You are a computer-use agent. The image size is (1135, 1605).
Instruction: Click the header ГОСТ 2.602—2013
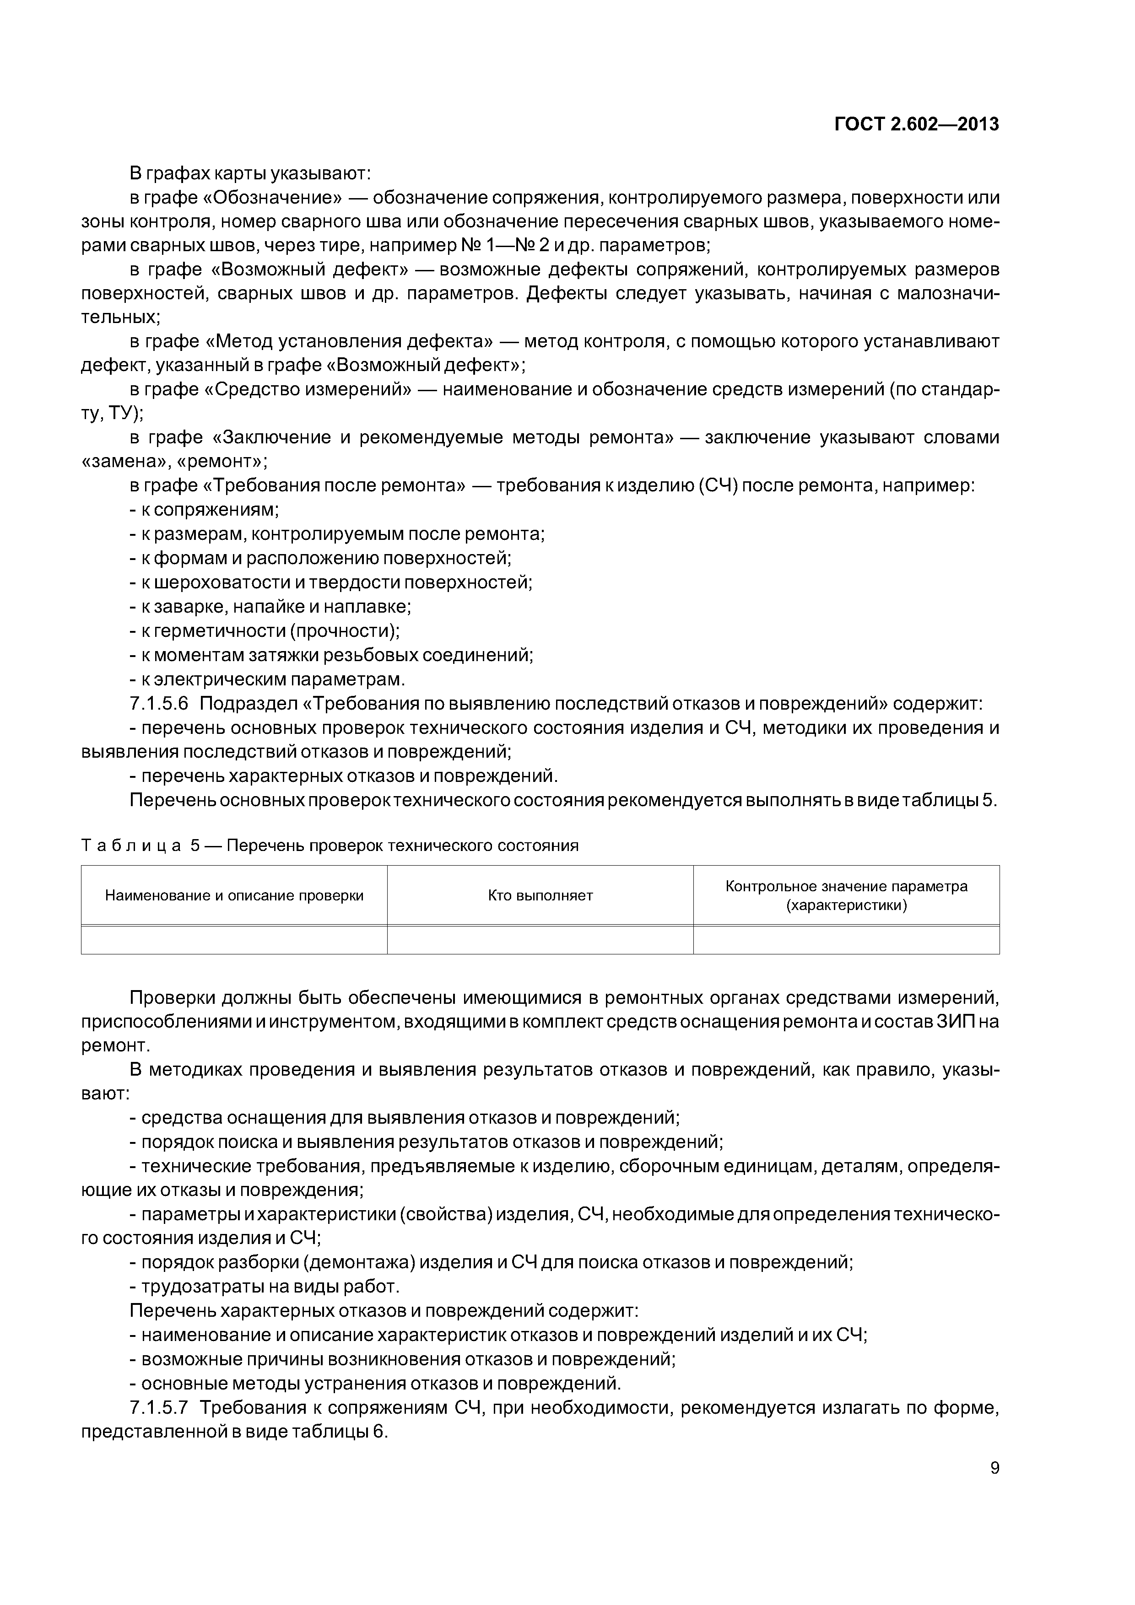click(916, 124)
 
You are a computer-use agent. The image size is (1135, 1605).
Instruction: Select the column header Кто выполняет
click(540, 895)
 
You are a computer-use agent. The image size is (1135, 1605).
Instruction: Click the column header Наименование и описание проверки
click(234, 895)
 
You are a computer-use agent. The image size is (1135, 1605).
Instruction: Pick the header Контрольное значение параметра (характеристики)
click(846, 895)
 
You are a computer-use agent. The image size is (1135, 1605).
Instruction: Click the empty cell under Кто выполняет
click(540, 940)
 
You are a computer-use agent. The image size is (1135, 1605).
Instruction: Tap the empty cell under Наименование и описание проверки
click(234, 940)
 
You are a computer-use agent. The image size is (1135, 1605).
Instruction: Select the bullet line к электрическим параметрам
click(267, 679)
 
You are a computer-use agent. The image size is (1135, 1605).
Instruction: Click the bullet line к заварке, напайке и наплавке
click(270, 606)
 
